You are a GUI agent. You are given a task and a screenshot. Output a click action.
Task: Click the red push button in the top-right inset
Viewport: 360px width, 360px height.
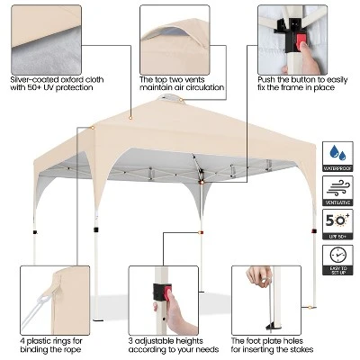pyautogui.click(x=296, y=40)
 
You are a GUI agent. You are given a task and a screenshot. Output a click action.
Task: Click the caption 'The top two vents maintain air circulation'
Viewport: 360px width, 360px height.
pyautogui.click(x=180, y=84)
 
